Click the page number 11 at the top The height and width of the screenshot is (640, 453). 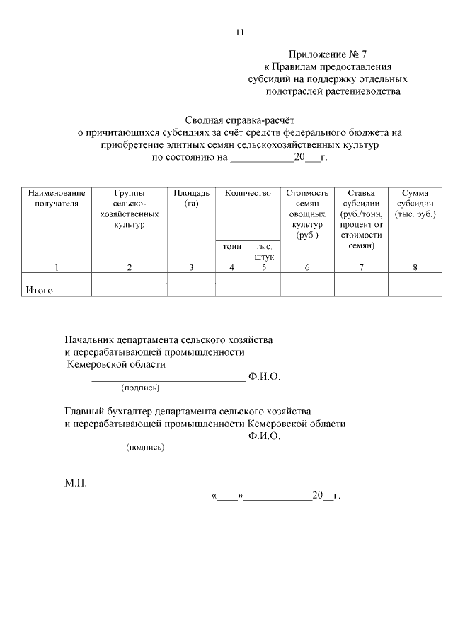240,33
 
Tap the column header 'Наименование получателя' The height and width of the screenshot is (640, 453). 56,198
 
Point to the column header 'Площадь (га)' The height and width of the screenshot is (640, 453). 191,198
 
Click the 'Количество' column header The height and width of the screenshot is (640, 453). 248,193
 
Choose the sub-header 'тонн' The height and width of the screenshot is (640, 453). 231,246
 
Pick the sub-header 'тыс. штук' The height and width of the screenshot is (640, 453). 264,251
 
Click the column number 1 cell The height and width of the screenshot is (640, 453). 57,267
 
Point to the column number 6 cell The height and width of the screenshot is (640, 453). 307,267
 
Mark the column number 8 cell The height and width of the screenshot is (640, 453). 415,267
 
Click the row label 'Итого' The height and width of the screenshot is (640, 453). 40,290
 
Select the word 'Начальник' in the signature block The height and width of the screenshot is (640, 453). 92,340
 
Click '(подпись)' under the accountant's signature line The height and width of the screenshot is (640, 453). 145,447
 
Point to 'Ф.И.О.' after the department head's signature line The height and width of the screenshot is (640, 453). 265,377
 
